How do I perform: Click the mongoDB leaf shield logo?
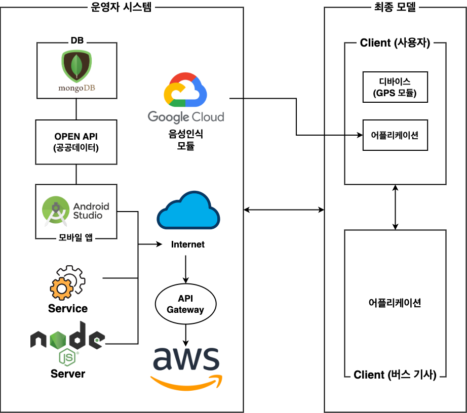[76, 67]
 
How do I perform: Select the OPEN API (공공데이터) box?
[76, 142]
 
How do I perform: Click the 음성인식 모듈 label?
[186, 140]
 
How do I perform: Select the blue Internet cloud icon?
[188, 211]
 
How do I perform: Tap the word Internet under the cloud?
[188, 244]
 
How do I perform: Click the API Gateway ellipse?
[185, 305]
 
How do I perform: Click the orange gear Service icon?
[67, 283]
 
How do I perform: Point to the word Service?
[68, 308]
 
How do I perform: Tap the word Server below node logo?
[68, 374]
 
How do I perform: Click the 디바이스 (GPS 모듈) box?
[395, 87]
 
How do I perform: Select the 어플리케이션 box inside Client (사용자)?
[395, 135]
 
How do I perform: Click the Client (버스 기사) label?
[395, 375]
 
